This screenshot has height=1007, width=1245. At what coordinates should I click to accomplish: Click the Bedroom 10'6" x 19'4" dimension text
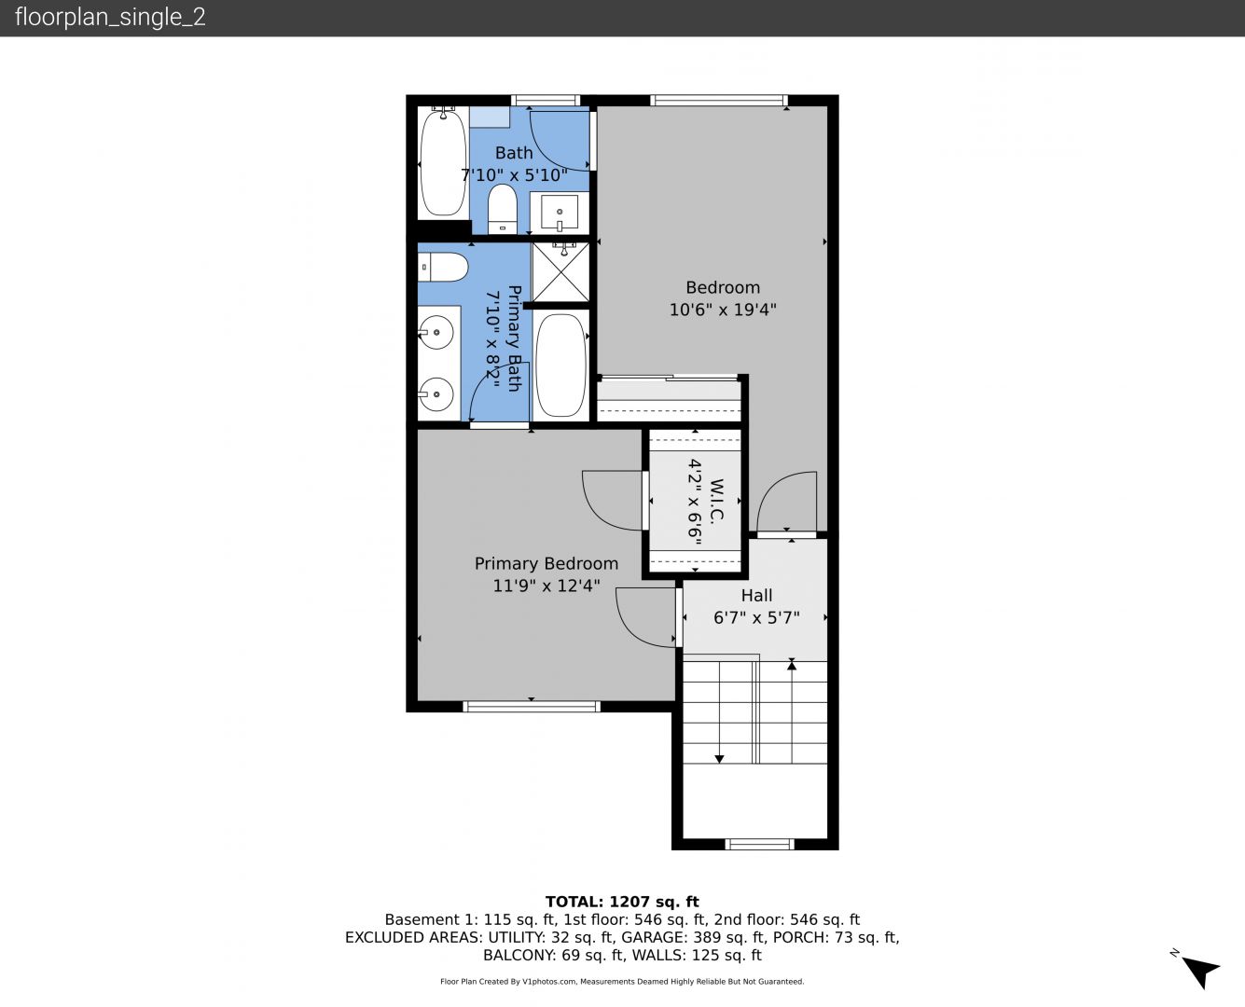pyautogui.click(x=723, y=310)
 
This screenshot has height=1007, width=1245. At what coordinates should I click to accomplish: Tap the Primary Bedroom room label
pyautogui.click(x=546, y=563)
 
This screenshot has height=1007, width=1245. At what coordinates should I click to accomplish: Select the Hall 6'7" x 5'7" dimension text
pyautogui.click(x=756, y=618)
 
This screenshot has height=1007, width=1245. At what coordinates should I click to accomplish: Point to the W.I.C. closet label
pyautogui.click(x=717, y=501)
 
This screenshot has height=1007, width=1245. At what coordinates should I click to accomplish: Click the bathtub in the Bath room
pyautogui.click(x=443, y=161)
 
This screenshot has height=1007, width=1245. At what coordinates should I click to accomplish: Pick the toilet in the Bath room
pyautogui.click(x=502, y=209)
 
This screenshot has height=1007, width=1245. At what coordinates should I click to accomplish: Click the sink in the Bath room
pyautogui.click(x=560, y=213)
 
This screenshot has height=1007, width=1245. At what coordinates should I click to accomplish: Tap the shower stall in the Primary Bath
pyautogui.click(x=560, y=272)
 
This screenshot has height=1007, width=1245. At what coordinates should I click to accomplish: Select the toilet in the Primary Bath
pyautogui.click(x=443, y=267)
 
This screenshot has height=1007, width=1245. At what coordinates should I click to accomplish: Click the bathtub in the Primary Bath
pyautogui.click(x=560, y=366)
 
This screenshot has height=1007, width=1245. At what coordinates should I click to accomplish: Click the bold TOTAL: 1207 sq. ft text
pyautogui.click(x=622, y=902)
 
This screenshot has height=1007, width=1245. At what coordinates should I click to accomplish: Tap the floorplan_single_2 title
pyautogui.click(x=110, y=18)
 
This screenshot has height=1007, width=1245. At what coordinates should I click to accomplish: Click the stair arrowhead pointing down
pyautogui.click(x=719, y=759)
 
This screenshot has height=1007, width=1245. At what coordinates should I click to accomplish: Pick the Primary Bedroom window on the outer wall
pyautogui.click(x=532, y=706)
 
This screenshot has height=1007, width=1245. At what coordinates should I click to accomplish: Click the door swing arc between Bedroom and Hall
pyautogui.click(x=773, y=487)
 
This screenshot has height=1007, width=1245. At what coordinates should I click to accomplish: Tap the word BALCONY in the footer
pyautogui.click(x=519, y=956)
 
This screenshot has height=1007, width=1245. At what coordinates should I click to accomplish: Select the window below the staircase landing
pyautogui.click(x=759, y=844)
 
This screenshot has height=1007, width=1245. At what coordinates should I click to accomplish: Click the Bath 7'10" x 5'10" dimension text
pyautogui.click(x=514, y=174)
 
